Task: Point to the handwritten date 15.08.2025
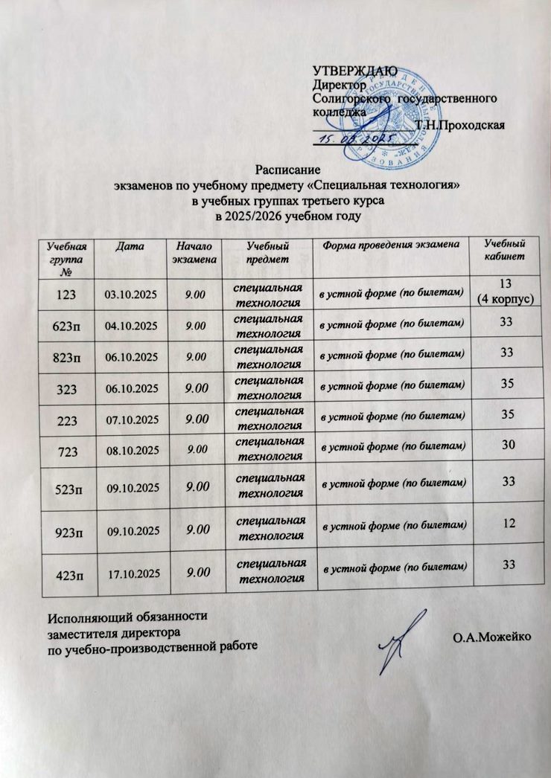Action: click(x=350, y=141)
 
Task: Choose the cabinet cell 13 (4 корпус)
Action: click(x=506, y=293)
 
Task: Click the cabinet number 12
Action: click(x=509, y=526)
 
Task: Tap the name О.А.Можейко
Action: click(x=488, y=637)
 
